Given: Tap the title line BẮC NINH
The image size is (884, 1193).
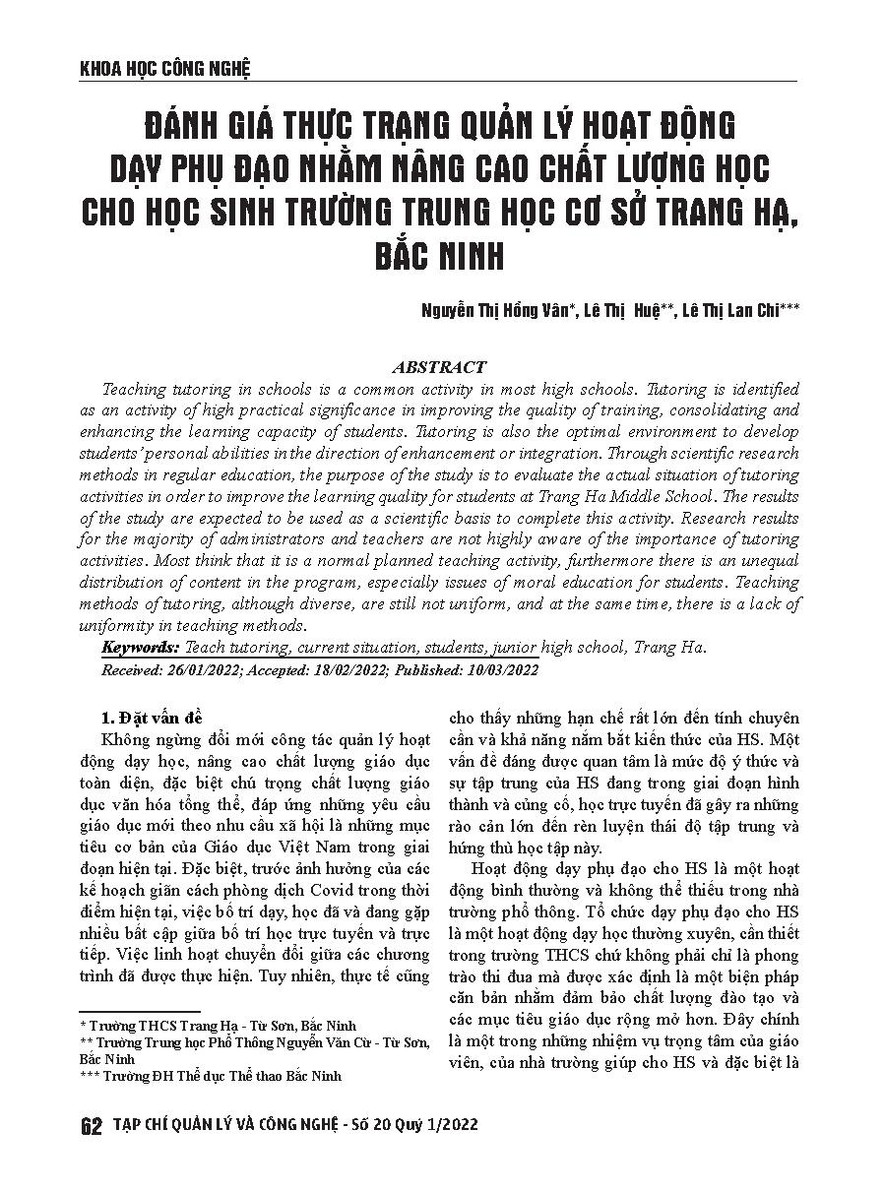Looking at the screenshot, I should point(441,257).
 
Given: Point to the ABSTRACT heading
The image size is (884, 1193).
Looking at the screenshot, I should point(440,367).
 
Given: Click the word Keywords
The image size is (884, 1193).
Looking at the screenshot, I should point(140,648).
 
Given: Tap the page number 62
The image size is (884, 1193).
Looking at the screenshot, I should point(92,1127).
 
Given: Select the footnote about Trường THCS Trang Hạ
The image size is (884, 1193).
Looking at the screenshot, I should point(218,1027).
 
